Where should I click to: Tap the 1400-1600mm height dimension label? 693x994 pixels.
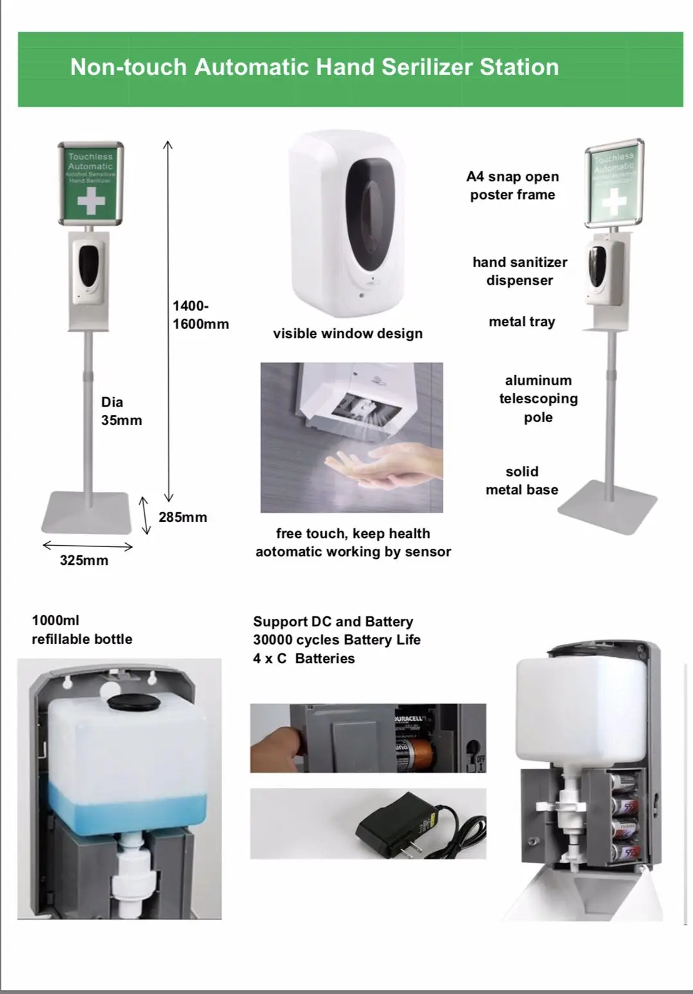click(x=200, y=315)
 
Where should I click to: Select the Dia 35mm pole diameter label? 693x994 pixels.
click(x=121, y=411)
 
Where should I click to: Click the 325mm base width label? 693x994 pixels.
click(x=84, y=560)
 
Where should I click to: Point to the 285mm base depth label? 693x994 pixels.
click(x=183, y=518)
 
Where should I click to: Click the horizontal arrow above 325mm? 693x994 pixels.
click(x=87, y=546)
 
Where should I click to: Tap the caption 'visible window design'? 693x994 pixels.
click(x=348, y=333)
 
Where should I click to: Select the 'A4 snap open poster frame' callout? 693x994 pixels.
click(x=513, y=185)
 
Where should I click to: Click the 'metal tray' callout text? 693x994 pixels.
click(x=522, y=322)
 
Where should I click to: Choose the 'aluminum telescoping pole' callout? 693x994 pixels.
click(x=538, y=398)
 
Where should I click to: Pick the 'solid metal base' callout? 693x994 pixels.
click(x=522, y=480)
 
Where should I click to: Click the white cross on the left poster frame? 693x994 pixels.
click(x=90, y=201)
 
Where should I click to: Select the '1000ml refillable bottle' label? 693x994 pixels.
click(x=81, y=630)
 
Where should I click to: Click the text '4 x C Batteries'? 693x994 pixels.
click(x=304, y=659)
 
